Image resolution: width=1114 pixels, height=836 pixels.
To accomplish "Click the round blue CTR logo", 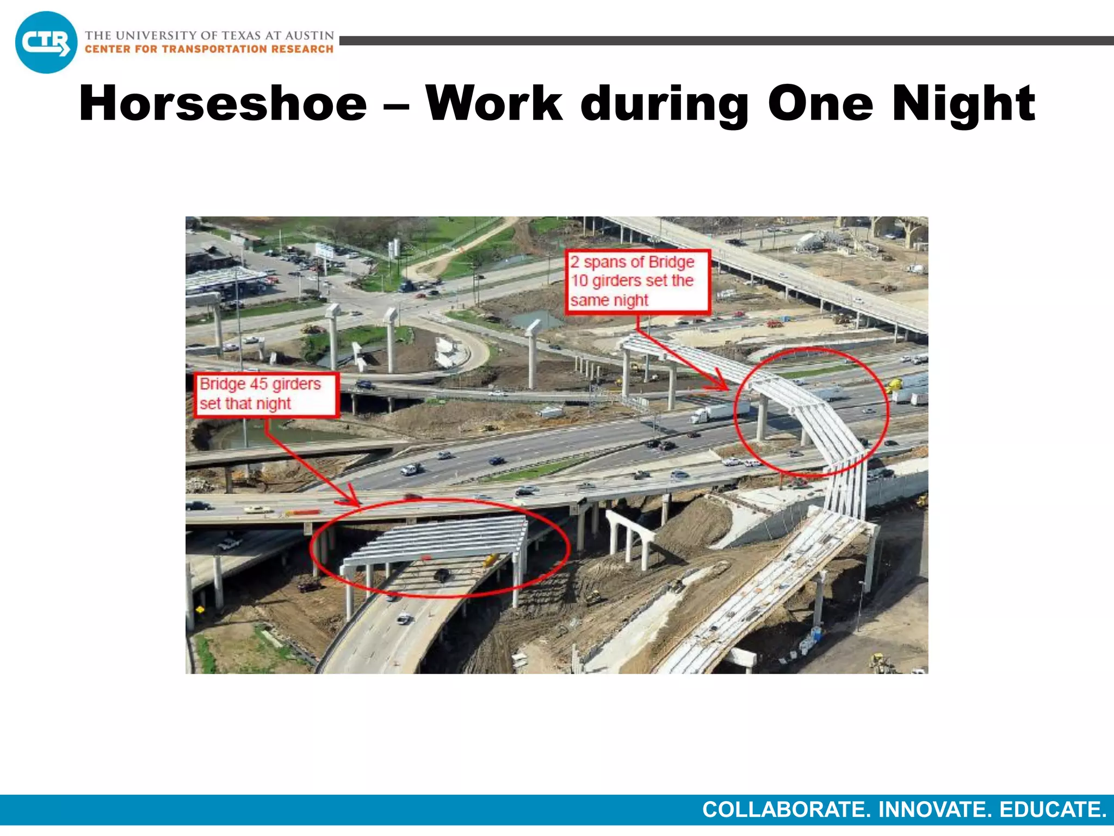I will tap(46, 42).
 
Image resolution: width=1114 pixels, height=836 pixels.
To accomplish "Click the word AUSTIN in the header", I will tap(310, 35).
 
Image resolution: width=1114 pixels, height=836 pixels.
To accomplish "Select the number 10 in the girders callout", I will tap(579, 281).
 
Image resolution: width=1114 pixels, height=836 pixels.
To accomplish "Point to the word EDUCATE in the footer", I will tap(1053, 810).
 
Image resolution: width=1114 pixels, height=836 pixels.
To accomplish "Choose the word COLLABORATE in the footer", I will tap(787, 810).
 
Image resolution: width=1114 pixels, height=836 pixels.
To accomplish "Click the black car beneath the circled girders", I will tap(441, 574).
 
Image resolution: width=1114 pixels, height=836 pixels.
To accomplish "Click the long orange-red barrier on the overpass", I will tap(304, 512).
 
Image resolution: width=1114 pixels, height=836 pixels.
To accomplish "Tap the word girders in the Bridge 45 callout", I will tap(296, 384).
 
